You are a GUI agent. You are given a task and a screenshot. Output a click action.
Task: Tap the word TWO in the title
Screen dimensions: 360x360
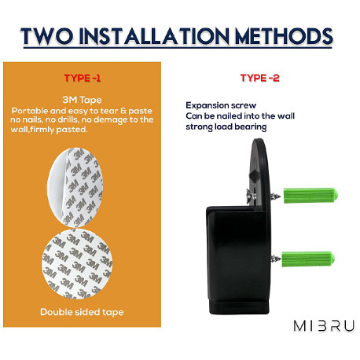(46, 36)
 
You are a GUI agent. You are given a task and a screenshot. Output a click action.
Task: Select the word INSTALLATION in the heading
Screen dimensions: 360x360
(154, 36)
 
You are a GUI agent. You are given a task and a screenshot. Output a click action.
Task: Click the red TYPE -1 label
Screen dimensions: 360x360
(82, 78)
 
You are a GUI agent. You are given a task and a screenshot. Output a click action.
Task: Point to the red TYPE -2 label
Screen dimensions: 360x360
(259, 78)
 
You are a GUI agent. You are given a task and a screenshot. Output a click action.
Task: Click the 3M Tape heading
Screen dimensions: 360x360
(82, 100)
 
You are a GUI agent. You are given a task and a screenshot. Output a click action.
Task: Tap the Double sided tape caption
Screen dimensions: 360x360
(82, 312)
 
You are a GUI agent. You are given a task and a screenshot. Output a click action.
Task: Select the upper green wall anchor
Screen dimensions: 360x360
(310, 196)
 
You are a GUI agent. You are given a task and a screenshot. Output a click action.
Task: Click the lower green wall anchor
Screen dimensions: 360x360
(308, 259)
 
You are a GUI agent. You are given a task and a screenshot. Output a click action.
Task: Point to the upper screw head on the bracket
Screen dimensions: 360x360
(251, 196)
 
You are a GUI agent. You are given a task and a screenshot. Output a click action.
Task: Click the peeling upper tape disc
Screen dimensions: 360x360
(75, 187)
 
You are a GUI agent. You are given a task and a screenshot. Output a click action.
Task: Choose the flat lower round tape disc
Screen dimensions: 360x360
(77, 263)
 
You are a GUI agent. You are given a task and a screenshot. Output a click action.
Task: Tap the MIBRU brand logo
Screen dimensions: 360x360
(324, 326)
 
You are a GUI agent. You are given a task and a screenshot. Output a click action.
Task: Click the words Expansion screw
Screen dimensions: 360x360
(221, 105)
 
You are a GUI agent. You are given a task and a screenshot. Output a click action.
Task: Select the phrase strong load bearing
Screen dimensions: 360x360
(226, 127)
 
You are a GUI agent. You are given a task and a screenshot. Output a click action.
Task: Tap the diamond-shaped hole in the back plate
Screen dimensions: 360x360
(255, 175)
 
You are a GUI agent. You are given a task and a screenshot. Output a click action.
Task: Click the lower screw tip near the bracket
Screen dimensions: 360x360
(276, 259)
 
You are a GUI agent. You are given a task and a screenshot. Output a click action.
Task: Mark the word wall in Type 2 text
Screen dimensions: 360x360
(286, 116)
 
